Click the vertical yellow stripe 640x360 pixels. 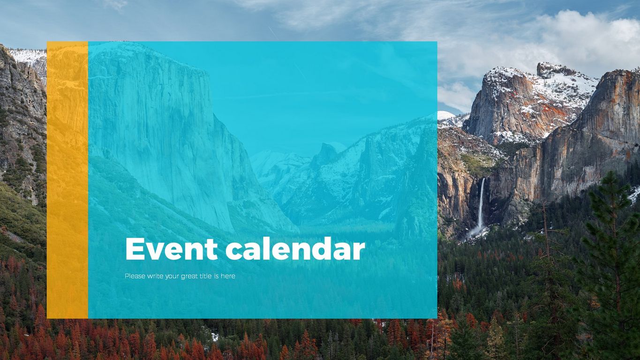click(x=68, y=180)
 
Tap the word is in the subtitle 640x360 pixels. click(x=217, y=276)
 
